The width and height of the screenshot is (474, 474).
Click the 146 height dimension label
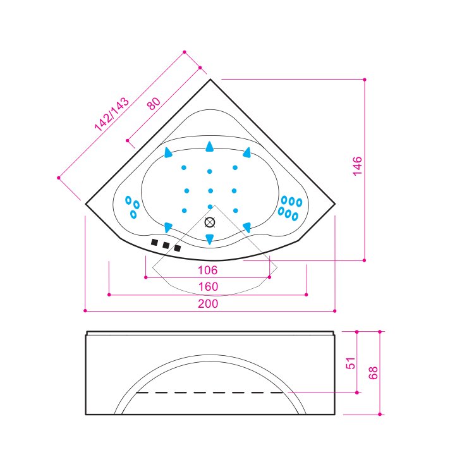tap(357, 166)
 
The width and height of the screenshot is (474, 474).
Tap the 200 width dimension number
tap(208, 303)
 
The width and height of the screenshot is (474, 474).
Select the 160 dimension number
tap(208, 286)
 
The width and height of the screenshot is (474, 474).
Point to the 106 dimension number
tap(208, 270)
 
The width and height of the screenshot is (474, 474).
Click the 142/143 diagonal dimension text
tap(112, 114)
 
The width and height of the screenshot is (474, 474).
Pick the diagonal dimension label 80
tap(154, 104)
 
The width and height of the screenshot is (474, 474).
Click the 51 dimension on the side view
tap(350, 363)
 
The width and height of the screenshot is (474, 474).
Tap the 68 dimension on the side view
tap(373, 373)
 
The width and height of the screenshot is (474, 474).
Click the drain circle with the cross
tap(210, 222)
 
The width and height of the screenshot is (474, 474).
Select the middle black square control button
tap(166, 245)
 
